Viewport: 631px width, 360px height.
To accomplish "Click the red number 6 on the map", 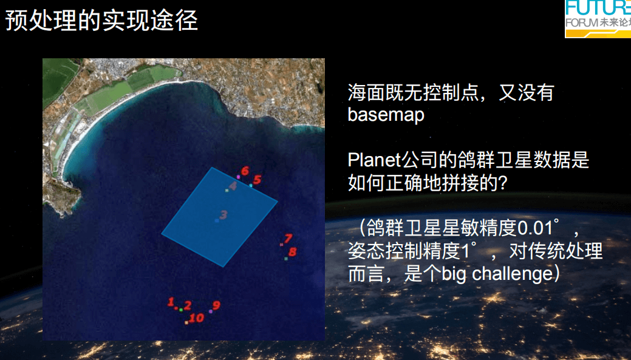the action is tap(245, 171).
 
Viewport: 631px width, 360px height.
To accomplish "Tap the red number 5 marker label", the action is tap(257, 180).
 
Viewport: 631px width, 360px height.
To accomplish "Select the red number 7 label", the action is tap(288, 239).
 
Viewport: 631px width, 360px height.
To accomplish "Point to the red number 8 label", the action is tap(292, 252).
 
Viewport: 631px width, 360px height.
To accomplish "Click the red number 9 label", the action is tap(216, 305).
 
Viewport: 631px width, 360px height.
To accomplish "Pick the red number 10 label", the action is tap(196, 318).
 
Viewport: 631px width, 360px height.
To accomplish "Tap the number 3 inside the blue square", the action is tap(223, 215).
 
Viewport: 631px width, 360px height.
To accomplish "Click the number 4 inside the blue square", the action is tap(233, 186).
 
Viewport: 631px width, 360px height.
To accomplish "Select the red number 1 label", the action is tap(171, 302).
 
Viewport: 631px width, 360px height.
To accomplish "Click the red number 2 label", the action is tap(187, 306).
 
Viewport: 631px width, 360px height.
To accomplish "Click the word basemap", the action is tap(386, 115).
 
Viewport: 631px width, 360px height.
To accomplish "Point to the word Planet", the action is tap(374, 160).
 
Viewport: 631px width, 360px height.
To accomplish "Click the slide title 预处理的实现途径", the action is tap(101, 20).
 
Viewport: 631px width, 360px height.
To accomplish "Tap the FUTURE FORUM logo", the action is tap(598, 19).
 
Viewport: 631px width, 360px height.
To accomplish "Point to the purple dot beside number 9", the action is tap(211, 311).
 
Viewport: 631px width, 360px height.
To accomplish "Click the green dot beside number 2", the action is tap(181, 310).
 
